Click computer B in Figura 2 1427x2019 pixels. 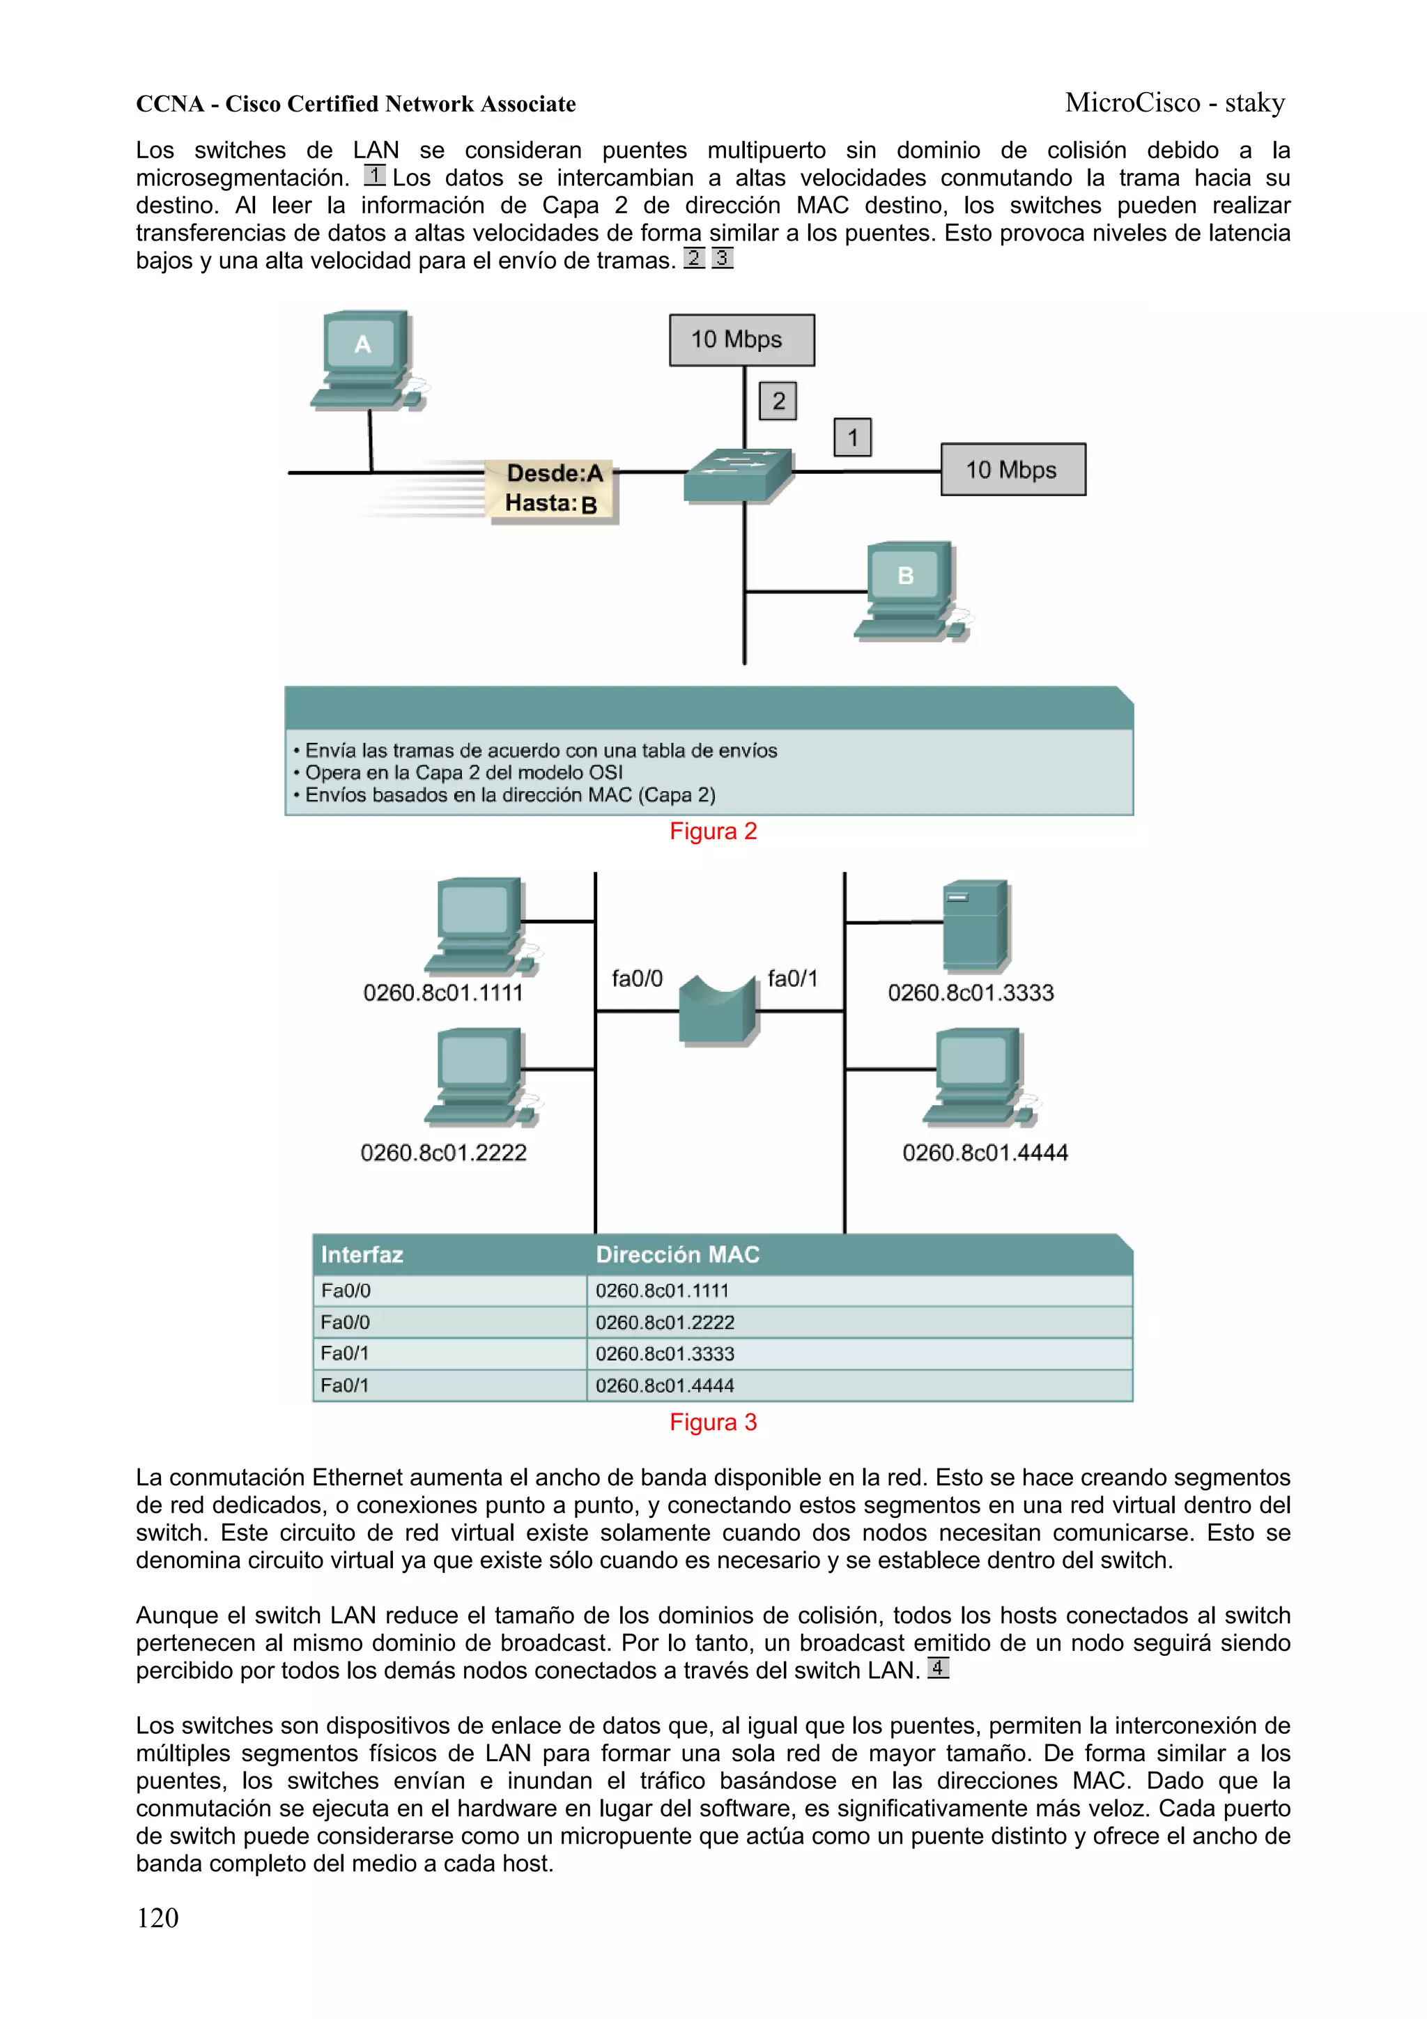point(911,589)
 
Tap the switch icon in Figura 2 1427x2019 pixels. point(738,475)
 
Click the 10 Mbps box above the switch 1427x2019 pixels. point(741,339)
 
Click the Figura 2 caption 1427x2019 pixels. point(713,831)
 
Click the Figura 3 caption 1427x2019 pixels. point(713,1422)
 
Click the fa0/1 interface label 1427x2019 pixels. point(792,978)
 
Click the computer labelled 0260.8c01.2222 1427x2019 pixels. point(480,1078)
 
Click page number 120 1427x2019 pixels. point(157,1918)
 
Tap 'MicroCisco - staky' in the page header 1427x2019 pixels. point(1175,103)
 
